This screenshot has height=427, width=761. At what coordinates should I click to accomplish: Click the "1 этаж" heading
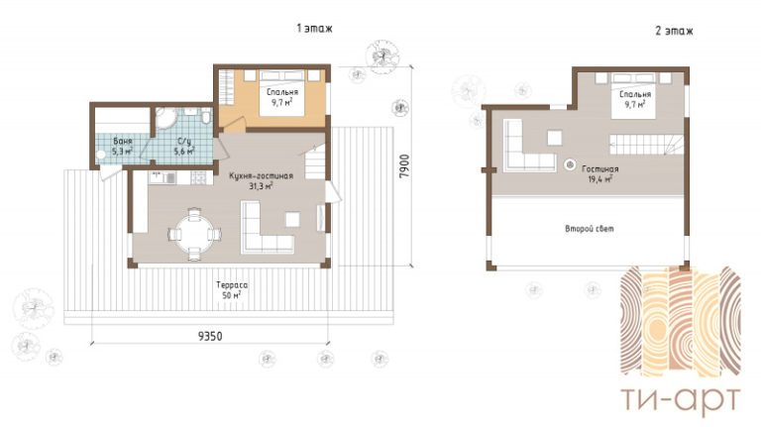pyautogui.click(x=314, y=29)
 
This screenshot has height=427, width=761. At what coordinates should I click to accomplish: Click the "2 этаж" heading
pyautogui.click(x=674, y=31)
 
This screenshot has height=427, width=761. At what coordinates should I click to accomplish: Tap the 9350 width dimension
pyautogui.click(x=210, y=336)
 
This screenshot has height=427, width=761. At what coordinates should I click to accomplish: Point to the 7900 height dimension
pyautogui.click(x=404, y=166)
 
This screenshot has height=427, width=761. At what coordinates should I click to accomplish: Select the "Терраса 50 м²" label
pyautogui.click(x=232, y=289)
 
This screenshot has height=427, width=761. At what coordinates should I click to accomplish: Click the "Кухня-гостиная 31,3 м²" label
pyautogui.click(x=262, y=180)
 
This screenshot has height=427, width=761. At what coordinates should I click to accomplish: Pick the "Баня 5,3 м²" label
pyautogui.click(x=122, y=146)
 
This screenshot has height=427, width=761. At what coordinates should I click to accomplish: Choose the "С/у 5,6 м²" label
pyautogui.click(x=185, y=146)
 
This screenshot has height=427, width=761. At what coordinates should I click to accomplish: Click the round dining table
pyautogui.click(x=194, y=235)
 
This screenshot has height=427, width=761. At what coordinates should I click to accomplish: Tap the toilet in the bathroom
pyautogui.click(x=206, y=117)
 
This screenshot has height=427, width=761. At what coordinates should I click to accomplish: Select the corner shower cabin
pyautogui.click(x=165, y=118)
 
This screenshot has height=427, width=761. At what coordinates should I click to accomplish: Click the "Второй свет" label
pyautogui.click(x=590, y=228)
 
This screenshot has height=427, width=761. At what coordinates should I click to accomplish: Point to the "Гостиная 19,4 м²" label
pyautogui.click(x=599, y=173)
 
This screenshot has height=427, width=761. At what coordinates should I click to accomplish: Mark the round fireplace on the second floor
pyautogui.click(x=570, y=164)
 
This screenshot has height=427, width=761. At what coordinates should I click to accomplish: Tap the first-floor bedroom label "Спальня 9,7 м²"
pyautogui.click(x=282, y=97)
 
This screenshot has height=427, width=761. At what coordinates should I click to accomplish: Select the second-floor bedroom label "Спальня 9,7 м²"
pyautogui.click(x=635, y=99)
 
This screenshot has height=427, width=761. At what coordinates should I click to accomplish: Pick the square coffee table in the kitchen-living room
pyautogui.click(x=292, y=219)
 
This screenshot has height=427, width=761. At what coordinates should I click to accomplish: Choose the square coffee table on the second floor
pyautogui.click(x=555, y=138)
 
